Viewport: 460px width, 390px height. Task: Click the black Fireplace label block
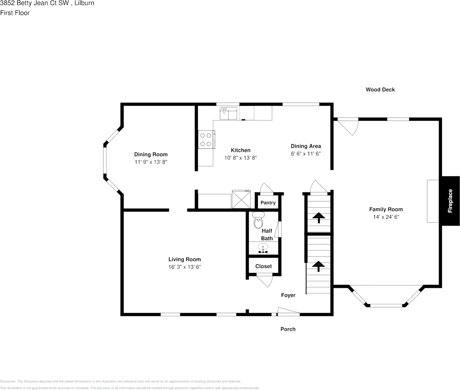(x=451, y=201)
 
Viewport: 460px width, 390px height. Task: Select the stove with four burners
(x=206, y=139)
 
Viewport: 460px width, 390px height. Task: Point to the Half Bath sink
(x=263, y=248)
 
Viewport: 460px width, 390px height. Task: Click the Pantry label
(x=268, y=203)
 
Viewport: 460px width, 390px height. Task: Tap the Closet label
(x=264, y=266)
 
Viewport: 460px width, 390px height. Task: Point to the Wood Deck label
(x=380, y=90)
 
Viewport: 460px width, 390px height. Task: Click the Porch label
(x=288, y=329)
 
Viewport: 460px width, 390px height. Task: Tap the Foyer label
(x=288, y=295)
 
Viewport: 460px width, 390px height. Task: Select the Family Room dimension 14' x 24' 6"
(x=386, y=217)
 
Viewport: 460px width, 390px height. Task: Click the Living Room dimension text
(x=185, y=267)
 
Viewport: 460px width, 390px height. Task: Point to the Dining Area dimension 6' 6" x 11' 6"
(x=305, y=153)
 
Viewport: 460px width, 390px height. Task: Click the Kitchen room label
(x=240, y=150)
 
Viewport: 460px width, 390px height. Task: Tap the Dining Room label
(x=151, y=155)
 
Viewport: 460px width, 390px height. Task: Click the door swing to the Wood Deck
(x=348, y=127)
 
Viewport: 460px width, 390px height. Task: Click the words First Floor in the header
(x=15, y=13)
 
